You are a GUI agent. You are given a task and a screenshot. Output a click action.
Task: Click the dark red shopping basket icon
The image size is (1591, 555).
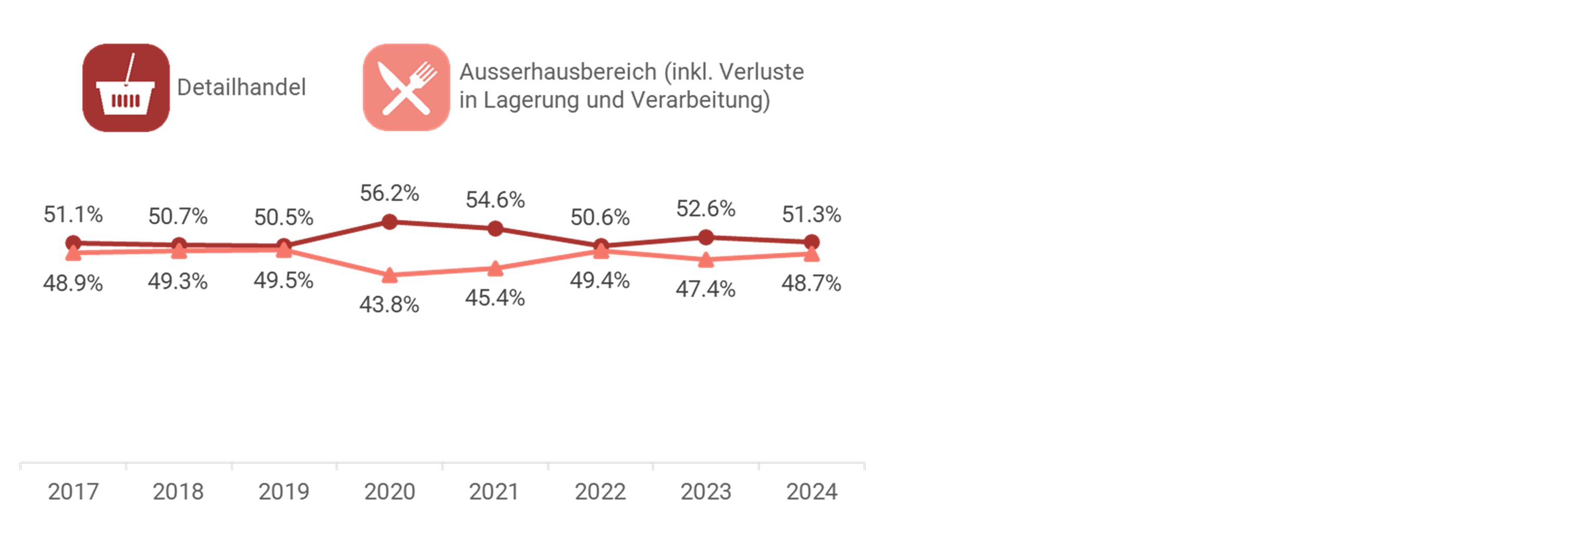pyautogui.click(x=126, y=87)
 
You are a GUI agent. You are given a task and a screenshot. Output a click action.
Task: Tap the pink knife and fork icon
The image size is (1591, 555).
pyautogui.click(x=406, y=87)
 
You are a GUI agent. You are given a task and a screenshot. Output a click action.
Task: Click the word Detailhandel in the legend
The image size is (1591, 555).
pyautogui.click(x=241, y=87)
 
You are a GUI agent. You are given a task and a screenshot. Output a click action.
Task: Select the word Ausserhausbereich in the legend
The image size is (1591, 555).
pyautogui.click(x=558, y=72)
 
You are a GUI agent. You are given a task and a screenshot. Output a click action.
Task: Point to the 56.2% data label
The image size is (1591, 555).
pyautogui.click(x=389, y=193)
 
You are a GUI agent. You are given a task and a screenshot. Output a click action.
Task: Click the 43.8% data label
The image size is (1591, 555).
pyautogui.click(x=389, y=305)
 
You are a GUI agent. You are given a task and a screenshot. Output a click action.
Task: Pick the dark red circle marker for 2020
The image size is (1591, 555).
pyautogui.click(x=389, y=222)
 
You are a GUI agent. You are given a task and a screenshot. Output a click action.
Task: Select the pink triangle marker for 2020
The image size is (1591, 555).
pyautogui.click(x=389, y=275)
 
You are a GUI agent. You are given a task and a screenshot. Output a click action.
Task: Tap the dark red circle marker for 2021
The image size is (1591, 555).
pyautogui.click(x=495, y=229)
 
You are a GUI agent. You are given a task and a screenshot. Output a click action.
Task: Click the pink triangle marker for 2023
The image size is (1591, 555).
pyautogui.click(x=705, y=260)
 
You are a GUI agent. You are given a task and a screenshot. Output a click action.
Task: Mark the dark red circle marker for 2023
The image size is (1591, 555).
pyautogui.click(x=705, y=237)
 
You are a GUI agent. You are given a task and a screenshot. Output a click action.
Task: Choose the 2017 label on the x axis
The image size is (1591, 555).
pyautogui.click(x=73, y=492)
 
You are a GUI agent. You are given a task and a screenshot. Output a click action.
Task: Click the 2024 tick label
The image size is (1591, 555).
pyautogui.click(x=811, y=492)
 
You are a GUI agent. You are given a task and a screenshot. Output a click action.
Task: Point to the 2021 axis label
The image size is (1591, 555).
pyautogui.click(x=493, y=492)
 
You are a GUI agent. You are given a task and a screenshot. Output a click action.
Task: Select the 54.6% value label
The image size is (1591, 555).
pyautogui.click(x=495, y=200)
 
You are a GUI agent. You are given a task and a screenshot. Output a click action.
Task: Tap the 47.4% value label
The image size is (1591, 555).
pyautogui.click(x=705, y=289)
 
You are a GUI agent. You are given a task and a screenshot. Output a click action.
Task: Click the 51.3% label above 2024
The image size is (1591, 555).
pyautogui.click(x=811, y=214)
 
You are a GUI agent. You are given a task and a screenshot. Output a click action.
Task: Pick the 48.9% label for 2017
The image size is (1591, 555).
pyautogui.click(x=73, y=283)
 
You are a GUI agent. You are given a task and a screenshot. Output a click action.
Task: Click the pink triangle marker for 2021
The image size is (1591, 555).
pyautogui.click(x=495, y=269)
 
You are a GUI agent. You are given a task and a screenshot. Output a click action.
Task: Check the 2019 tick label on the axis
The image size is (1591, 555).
pyautogui.click(x=283, y=492)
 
